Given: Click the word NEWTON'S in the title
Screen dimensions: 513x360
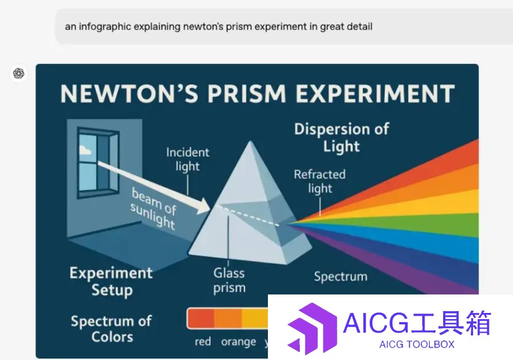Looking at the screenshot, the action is click(x=130, y=94).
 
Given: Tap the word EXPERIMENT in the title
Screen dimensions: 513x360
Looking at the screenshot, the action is click(x=375, y=94).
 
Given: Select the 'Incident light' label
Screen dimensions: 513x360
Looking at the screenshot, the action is click(x=188, y=159).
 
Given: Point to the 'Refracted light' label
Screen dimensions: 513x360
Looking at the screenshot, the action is click(x=320, y=181).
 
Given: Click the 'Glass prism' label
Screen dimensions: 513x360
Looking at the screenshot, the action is click(x=229, y=281).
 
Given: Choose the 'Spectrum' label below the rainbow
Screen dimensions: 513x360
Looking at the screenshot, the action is click(x=341, y=276).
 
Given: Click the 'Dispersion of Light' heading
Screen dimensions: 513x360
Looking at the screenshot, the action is click(x=342, y=137).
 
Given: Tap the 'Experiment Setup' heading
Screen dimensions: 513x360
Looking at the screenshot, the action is click(x=111, y=282).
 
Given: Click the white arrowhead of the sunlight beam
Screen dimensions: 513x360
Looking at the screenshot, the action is click(x=203, y=206).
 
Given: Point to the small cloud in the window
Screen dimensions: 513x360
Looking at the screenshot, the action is click(x=85, y=150).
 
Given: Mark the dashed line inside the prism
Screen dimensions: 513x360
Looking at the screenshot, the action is click(x=247, y=216).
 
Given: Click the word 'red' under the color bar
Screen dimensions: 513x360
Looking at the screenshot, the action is click(x=203, y=341).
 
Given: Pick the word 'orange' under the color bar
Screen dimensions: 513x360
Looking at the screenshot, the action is click(x=238, y=342).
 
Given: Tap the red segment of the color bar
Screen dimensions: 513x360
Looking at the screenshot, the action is click(x=201, y=318).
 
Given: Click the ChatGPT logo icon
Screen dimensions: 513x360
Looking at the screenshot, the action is click(x=19, y=73).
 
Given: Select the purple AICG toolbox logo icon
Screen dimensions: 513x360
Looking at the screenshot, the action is click(x=312, y=328).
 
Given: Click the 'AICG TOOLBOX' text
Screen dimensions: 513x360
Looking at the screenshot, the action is click(x=417, y=344).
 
